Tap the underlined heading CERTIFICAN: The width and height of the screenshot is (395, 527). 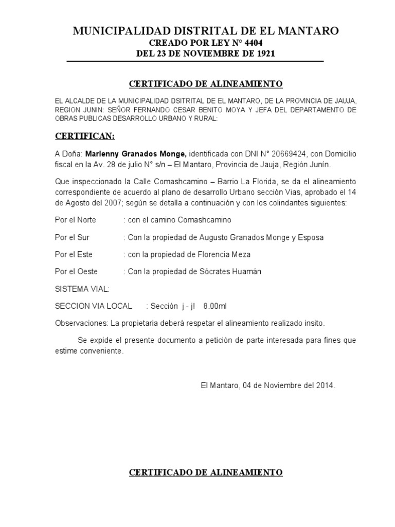[85, 136]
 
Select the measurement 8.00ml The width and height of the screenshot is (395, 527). [214, 306]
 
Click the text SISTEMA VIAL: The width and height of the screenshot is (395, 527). [82, 289]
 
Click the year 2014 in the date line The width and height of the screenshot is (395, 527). [326, 385]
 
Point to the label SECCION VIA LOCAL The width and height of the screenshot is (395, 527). [93, 306]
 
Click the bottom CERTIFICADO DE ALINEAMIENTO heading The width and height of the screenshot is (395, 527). [205, 472]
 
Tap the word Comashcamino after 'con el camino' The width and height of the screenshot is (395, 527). [204, 220]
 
